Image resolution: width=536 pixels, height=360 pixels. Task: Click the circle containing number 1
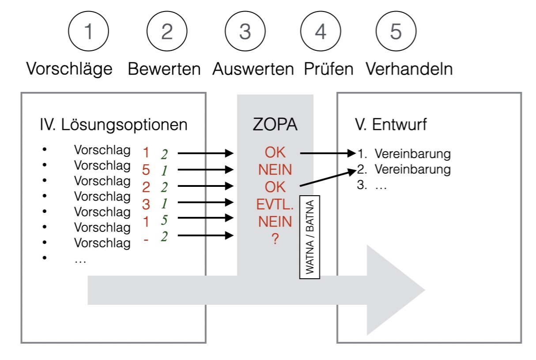click(88, 32)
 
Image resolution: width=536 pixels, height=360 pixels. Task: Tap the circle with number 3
click(245, 32)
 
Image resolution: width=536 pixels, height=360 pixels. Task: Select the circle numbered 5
click(396, 32)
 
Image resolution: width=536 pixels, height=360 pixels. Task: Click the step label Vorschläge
click(69, 69)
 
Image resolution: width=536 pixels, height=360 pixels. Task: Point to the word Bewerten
click(164, 69)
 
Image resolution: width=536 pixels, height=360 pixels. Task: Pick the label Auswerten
click(253, 69)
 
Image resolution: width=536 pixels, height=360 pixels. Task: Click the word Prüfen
click(328, 69)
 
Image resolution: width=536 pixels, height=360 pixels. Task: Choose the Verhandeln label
click(409, 69)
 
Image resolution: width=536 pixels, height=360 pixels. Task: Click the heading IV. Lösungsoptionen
click(113, 125)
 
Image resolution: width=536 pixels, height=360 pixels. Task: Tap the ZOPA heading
click(275, 125)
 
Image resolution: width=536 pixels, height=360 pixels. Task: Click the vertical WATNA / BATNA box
click(310, 237)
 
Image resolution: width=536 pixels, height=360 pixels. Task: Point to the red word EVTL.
click(275, 204)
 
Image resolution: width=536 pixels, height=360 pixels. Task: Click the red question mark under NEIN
click(275, 239)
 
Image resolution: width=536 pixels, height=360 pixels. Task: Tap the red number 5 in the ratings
click(146, 170)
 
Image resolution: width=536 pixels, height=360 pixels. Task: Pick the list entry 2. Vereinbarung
click(404, 170)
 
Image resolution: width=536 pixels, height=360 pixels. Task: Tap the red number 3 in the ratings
click(146, 204)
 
